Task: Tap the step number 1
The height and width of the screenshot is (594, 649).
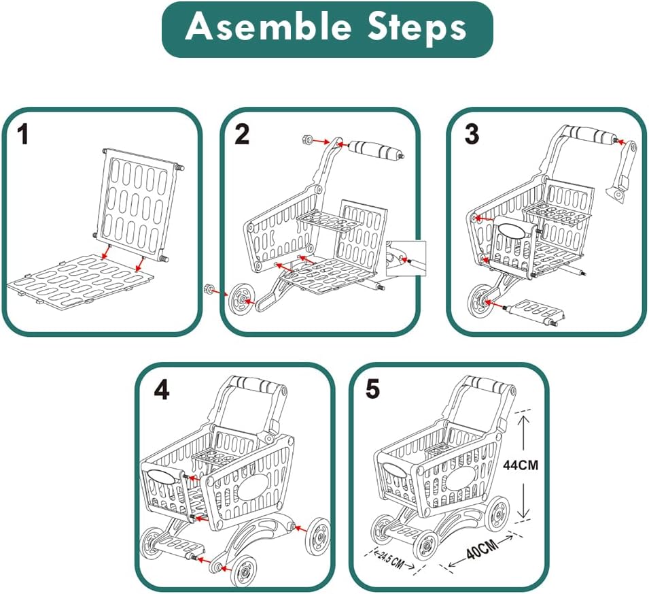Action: click(23, 135)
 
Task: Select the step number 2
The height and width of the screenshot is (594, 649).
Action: click(241, 135)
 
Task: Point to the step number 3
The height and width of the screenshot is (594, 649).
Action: click(472, 135)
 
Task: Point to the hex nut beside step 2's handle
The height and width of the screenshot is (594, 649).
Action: click(306, 140)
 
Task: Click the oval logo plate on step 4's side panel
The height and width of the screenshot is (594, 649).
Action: click(252, 488)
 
